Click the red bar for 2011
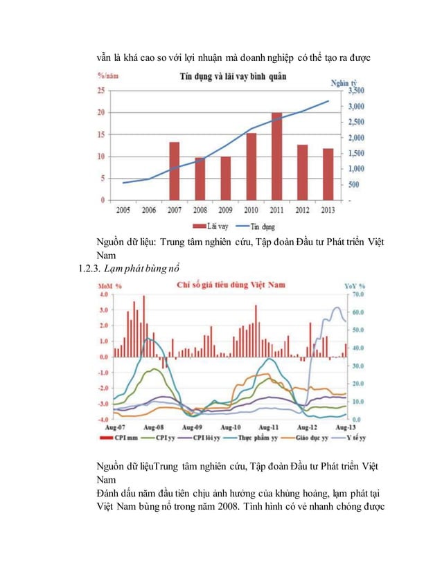point(276,156)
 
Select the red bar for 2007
point(175,170)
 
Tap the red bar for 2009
point(225,178)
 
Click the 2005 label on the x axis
point(124,209)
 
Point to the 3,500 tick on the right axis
point(355,91)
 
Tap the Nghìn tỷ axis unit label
point(344,82)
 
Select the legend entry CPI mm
point(123,438)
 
